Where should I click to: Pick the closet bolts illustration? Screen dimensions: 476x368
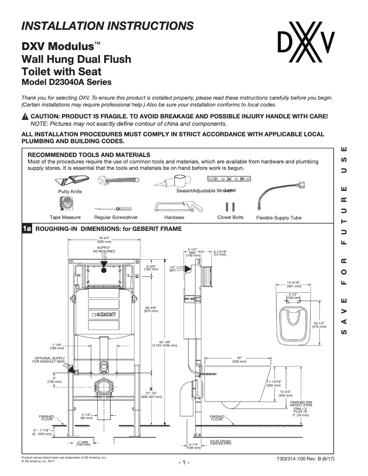pyautogui.click(x=230, y=206)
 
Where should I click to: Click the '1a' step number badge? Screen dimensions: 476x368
pyautogui.click(x=27, y=229)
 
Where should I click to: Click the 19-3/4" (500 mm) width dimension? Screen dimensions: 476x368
pyautogui.click(x=104, y=240)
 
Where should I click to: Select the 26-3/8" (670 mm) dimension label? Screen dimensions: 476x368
pyautogui.click(x=151, y=309)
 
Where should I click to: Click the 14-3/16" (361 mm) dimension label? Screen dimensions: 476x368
pyautogui.click(x=293, y=284)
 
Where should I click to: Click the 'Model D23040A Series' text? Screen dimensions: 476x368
pyautogui.click(x=67, y=83)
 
